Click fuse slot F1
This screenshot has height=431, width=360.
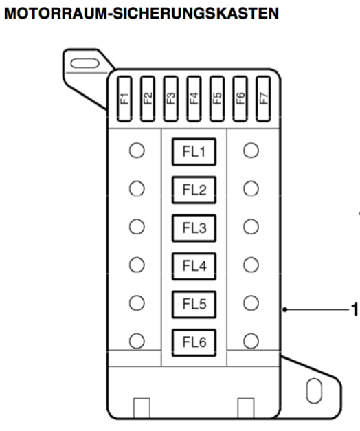click(124, 99)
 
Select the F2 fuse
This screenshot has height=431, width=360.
click(148, 99)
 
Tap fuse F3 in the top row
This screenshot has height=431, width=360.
click(170, 99)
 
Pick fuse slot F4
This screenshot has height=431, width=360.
click(194, 99)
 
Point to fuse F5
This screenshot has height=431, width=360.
click(217, 99)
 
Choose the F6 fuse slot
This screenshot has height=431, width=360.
click(240, 99)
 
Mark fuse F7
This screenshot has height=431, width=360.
click(263, 99)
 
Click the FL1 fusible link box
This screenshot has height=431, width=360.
click(194, 152)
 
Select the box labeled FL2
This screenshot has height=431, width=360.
click(194, 190)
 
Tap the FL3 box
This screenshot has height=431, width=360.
click(194, 228)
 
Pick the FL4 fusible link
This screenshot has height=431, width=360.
click(194, 266)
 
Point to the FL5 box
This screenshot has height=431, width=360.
click(194, 305)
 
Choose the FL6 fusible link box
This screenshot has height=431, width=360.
click(194, 342)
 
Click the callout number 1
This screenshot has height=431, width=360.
click(355, 309)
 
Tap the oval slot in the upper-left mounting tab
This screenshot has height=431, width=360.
click(85, 63)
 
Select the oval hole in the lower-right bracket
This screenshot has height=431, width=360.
click(314, 391)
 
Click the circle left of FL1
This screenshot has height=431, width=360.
click(137, 151)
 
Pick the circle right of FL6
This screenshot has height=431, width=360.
click(251, 341)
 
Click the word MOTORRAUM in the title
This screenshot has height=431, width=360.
click(56, 13)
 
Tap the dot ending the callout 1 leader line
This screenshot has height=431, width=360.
click(285, 310)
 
